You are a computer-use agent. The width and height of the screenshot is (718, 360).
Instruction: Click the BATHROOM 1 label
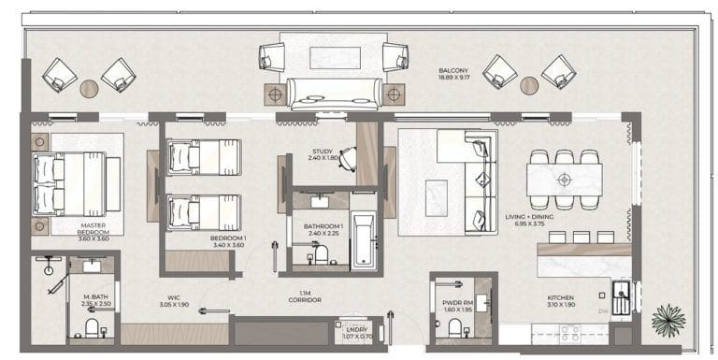pos(323,229)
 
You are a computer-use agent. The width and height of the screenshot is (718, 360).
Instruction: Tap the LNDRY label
pos(357,332)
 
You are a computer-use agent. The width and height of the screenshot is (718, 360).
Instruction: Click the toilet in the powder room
pos(454,327)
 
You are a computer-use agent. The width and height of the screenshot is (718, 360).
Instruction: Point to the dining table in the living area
pos(563,178)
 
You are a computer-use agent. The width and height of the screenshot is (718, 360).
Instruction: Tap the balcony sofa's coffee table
pos(335,56)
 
